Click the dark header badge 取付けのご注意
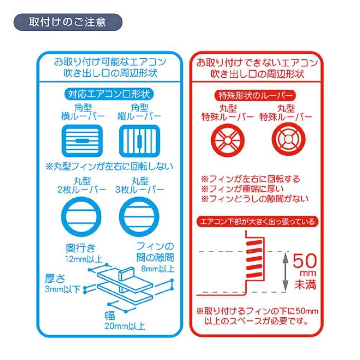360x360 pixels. coord(68,22)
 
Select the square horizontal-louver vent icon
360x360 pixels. coord(82,140)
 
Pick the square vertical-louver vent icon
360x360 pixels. coord(139,140)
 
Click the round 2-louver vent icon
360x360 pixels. coord(81,216)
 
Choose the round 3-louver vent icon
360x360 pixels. coord(139,216)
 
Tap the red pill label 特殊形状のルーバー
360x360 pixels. coord(255,95)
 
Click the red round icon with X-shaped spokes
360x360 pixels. coord(228,140)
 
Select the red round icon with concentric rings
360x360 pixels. coord(289,139)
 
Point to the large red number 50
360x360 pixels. coord(305,261)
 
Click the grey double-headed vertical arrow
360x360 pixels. coord(285,272)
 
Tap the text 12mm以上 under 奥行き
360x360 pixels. coord(84,259)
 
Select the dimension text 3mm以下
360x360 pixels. coord(62,289)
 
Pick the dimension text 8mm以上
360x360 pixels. coord(158,269)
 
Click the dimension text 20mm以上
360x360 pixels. coord(125,326)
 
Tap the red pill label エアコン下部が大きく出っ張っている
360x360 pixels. coord(257,221)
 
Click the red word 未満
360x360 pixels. coord(305,284)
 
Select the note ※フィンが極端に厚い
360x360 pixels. coord(242,189)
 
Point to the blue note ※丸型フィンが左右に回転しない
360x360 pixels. coord(109,166)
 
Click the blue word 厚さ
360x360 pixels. coord(55,279)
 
